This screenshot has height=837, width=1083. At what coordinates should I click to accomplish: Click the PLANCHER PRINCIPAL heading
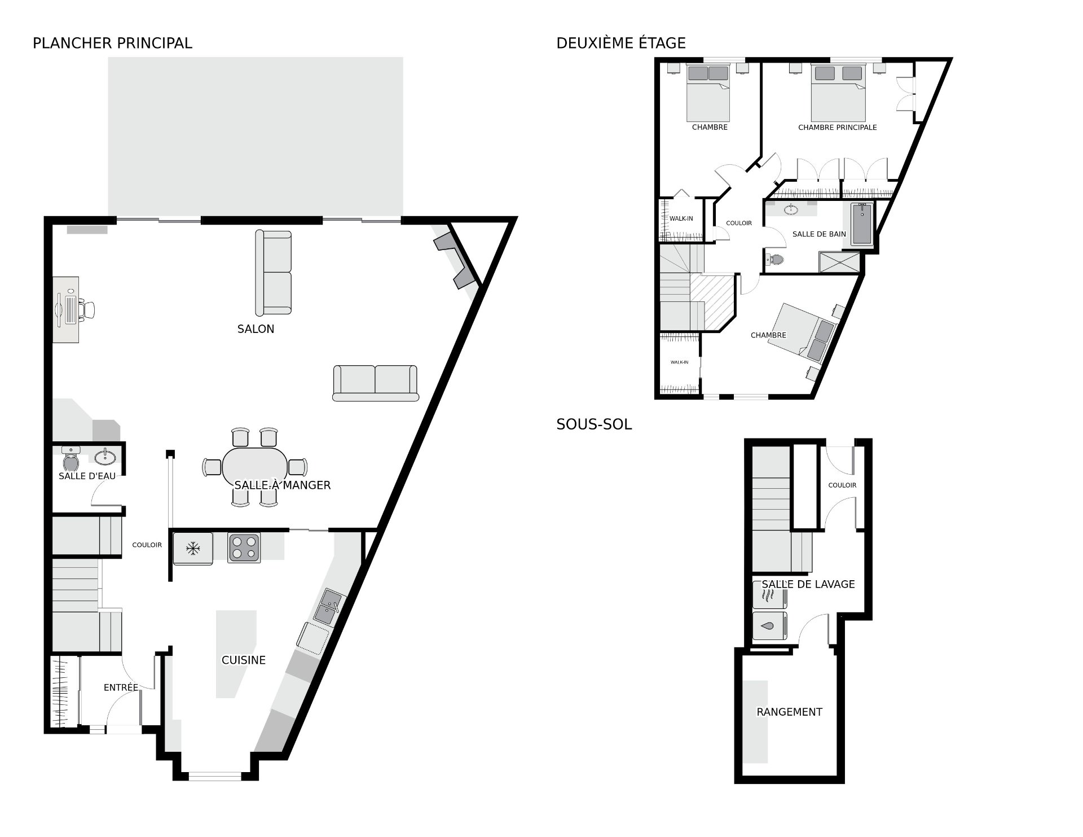click(x=112, y=43)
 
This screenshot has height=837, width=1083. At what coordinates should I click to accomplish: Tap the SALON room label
click(x=256, y=329)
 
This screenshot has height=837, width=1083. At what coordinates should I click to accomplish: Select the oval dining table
click(x=254, y=467)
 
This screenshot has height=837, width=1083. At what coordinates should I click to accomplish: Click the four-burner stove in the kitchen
click(x=244, y=547)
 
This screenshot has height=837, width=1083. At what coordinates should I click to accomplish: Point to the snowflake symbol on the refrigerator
click(x=193, y=547)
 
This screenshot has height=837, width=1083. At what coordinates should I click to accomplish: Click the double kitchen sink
click(x=329, y=608)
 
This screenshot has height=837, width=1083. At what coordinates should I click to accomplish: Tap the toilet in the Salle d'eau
click(x=71, y=460)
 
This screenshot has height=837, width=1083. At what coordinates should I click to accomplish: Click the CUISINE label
click(x=244, y=660)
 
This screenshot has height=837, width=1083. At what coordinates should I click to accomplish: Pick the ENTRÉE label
click(x=121, y=687)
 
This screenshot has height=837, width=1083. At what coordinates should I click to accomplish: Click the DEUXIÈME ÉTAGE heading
click(x=621, y=43)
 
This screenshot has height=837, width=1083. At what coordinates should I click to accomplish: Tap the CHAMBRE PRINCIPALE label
click(x=837, y=128)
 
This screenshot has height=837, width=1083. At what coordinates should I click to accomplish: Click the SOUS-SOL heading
click(x=594, y=424)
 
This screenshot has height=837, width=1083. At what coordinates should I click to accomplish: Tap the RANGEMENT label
click(x=789, y=712)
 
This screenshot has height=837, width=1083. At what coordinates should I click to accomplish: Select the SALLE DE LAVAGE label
click(x=808, y=584)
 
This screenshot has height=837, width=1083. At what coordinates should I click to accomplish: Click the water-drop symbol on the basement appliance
click(x=768, y=626)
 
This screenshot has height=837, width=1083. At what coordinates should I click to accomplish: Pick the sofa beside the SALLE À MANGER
click(x=375, y=383)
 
